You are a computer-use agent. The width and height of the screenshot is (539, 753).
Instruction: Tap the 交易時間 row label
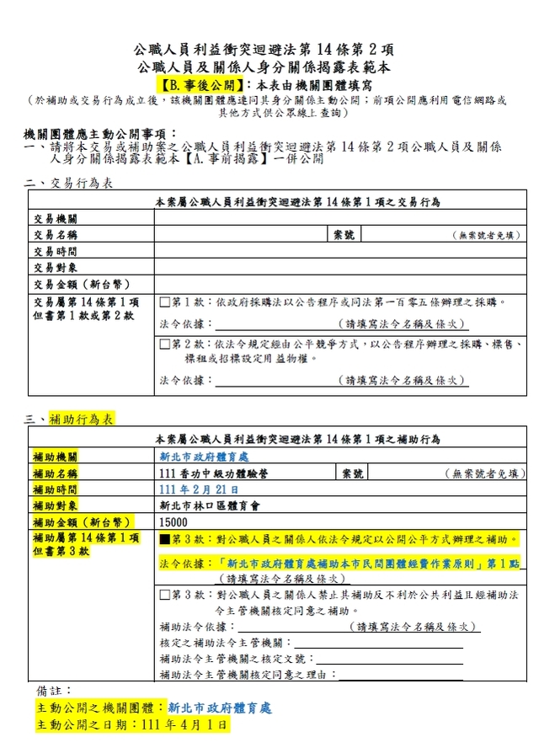55,251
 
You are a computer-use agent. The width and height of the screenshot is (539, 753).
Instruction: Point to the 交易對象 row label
55,267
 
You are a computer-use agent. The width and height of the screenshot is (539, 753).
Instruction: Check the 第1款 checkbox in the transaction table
165,302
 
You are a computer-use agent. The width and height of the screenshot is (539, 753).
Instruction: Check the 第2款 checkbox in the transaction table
165,344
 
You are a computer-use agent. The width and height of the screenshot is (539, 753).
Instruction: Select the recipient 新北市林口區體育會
206,505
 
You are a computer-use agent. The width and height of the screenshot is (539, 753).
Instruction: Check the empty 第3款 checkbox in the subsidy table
165,595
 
